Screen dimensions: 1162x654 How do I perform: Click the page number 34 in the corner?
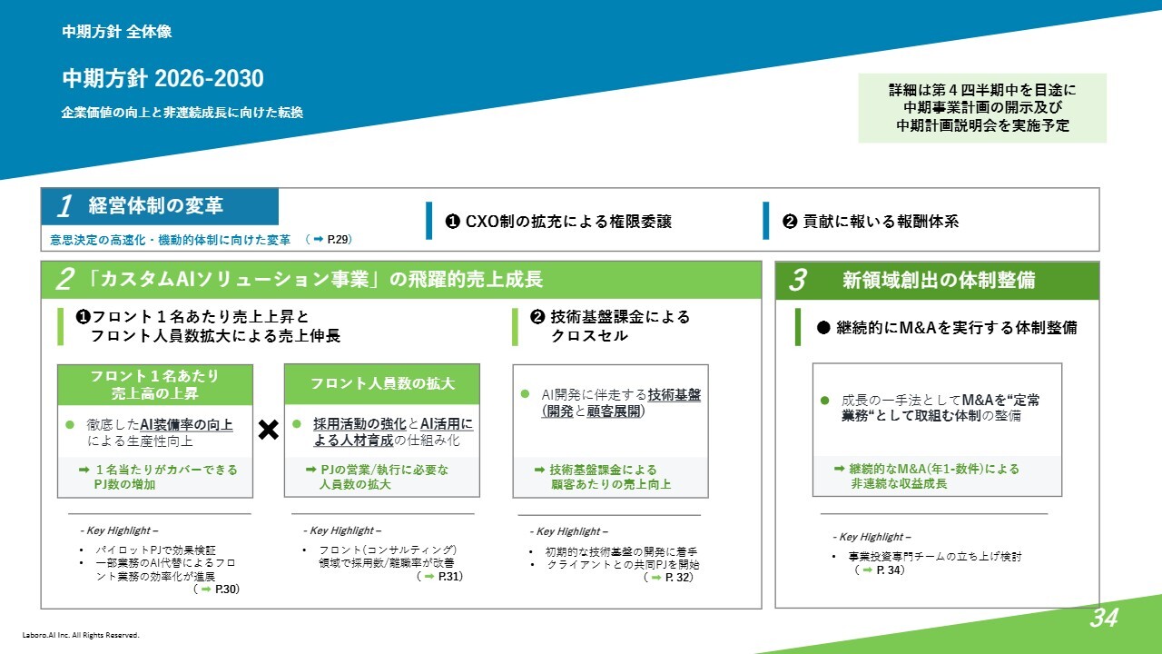[x=1104, y=618]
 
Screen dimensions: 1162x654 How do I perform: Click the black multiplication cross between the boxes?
[x=268, y=430]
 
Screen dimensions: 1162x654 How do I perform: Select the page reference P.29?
[x=340, y=239]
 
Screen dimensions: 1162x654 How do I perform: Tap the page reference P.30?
[x=227, y=590]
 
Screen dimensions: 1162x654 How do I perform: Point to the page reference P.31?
[x=450, y=576]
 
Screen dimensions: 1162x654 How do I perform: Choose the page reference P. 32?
[x=679, y=577]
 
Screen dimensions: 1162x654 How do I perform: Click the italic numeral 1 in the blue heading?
[x=65, y=206]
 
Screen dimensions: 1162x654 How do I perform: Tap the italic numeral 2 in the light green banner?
[x=65, y=279]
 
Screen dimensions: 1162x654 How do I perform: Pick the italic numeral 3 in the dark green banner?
[x=797, y=281]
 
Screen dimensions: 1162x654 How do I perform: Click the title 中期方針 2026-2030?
[x=162, y=78]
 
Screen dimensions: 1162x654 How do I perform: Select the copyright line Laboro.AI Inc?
[x=81, y=635]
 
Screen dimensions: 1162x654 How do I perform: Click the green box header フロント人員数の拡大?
[x=382, y=383]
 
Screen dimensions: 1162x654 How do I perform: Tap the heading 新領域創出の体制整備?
[x=939, y=281]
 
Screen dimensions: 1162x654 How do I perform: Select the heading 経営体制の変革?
[x=155, y=205]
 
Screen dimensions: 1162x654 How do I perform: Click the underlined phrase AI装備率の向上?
[x=186, y=425]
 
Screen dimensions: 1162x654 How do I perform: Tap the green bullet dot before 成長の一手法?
[x=825, y=401]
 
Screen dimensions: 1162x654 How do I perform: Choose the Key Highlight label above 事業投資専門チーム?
[x=871, y=537]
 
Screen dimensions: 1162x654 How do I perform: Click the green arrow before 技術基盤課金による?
[x=539, y=470]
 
